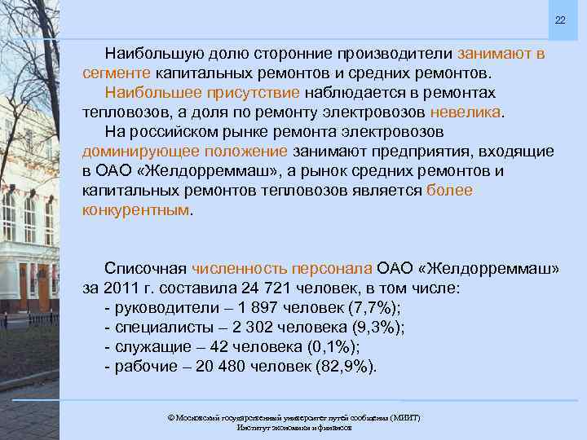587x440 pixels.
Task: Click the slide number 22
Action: tap(560, 20)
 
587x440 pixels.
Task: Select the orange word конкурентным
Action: tap(135, 209)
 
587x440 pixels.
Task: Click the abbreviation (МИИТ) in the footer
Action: tap(404, 417)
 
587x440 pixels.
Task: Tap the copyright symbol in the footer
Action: tap(170, 417)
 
